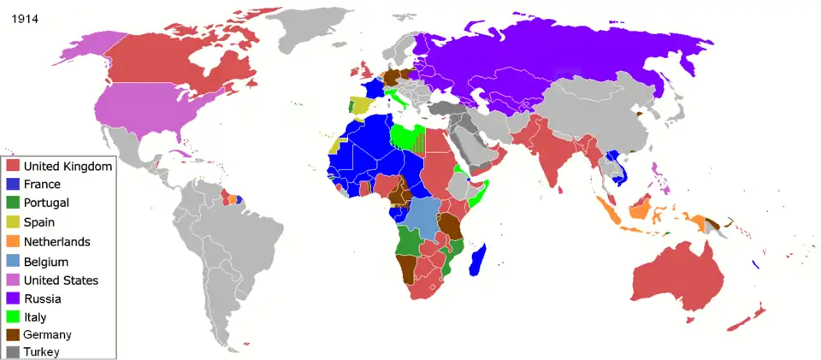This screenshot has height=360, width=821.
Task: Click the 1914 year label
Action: (24, 18)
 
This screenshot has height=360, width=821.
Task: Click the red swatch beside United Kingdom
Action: (12, 166)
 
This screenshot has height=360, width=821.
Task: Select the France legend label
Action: (42, 185)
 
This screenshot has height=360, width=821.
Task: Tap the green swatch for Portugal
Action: (12, 204)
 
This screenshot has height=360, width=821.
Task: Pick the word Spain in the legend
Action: (40, 222)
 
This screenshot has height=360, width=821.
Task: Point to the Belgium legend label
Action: (46, 262)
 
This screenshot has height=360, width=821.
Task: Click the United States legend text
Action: (61, 280)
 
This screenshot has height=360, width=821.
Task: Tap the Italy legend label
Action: (35, 317)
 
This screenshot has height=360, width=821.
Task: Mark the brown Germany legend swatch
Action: (12, 335)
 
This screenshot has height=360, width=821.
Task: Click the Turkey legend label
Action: (42, 351)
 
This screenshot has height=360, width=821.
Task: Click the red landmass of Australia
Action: (676, 274)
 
